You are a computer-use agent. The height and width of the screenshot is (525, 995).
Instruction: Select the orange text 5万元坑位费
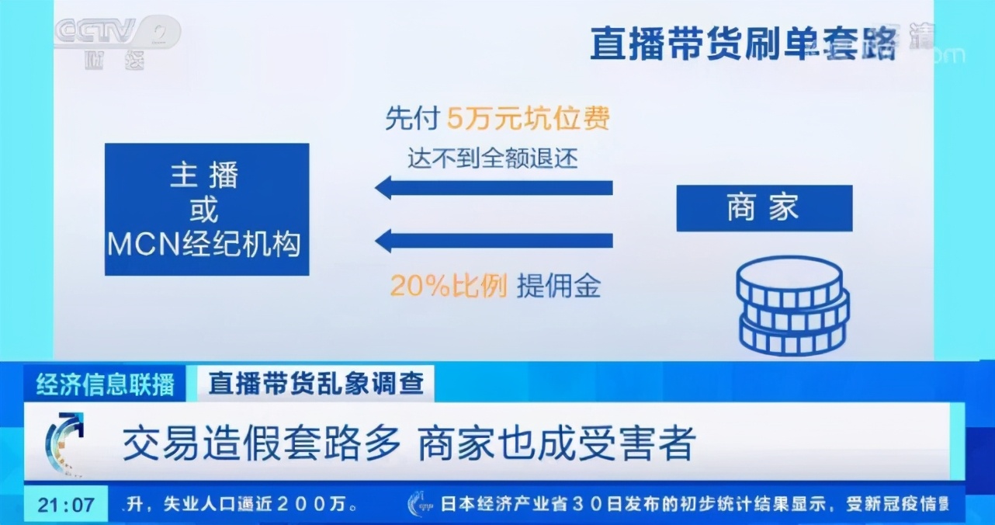tap(529, 118)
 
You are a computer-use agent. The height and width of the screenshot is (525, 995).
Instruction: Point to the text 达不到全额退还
tap(493, 158)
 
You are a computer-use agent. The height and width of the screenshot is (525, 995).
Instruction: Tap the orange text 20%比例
tap(448, 287)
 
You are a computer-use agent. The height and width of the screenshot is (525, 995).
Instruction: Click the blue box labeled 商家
tap(764, 208)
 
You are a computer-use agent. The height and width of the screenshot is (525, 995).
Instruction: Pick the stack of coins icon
tap(792, 306)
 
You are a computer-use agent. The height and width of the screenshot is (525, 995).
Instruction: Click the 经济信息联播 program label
tap(106, 384)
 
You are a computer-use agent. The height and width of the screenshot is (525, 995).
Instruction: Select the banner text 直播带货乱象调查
tap(316, 384)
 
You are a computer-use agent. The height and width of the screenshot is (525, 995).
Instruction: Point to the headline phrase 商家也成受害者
tap(556, 443)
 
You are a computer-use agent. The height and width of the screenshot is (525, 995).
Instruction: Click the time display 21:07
tap(66, 505)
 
